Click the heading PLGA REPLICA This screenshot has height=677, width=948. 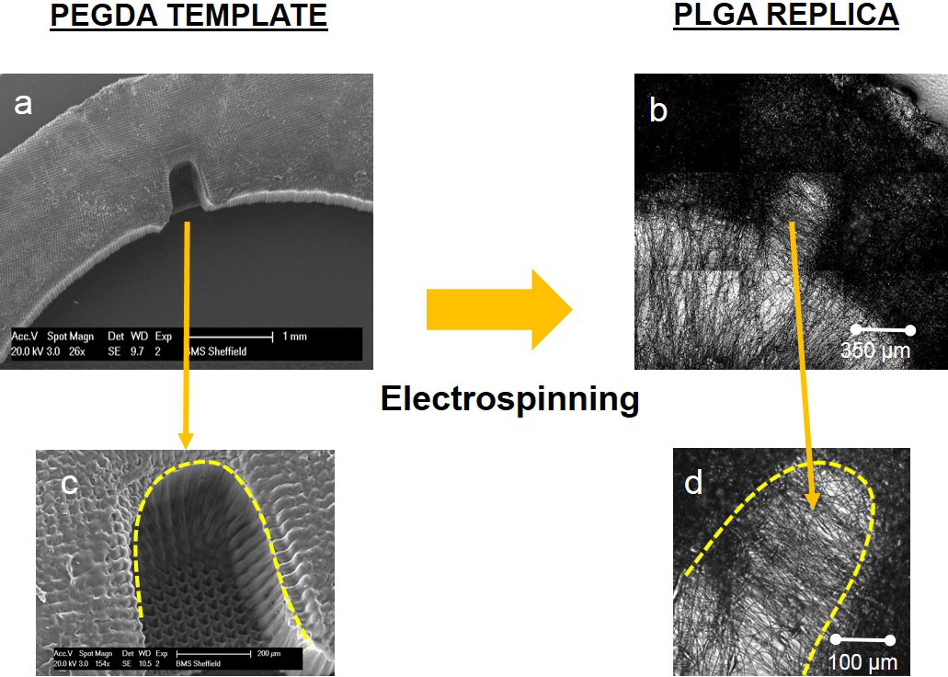(786, 16)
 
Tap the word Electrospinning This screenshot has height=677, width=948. (510, 399)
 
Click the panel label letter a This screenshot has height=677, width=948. (23, 104)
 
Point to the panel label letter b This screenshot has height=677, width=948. (658, 110)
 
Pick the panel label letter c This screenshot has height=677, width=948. (69, 484)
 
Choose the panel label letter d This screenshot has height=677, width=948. (694, 481)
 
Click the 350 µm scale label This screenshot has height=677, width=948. (875, 350)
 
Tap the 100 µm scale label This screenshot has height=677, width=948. (862, 661)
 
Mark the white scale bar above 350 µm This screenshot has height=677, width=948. (882, 329)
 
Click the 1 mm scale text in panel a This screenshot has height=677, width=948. (294, 337)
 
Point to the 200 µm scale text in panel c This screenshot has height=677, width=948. (268, 653)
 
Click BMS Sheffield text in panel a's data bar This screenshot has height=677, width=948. (217, 350)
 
